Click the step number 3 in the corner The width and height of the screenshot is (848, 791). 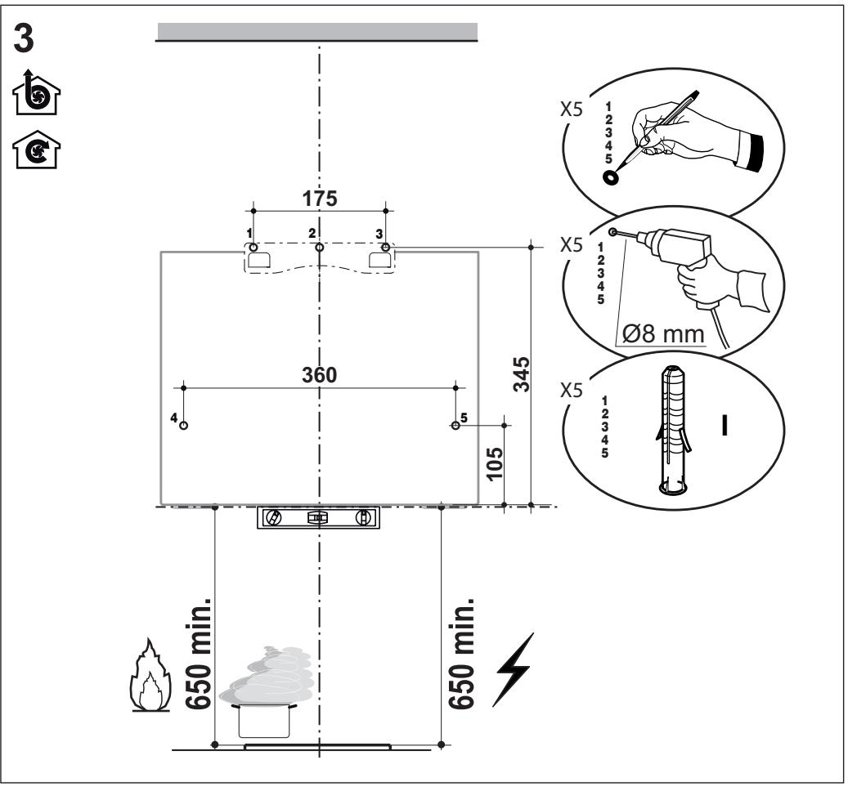[x=23, y=39]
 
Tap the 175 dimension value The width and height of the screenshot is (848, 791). [x=320, y=199]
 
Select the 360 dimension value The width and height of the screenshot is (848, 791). [x=319, y=374]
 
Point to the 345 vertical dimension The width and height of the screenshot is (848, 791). [x=522, y=374]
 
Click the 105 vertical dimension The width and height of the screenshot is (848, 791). [x=494, y=463]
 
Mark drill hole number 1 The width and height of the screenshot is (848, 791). [x=254, y=247]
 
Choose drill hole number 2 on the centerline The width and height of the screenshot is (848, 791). [x=320, y=248]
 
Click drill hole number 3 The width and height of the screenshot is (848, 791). [x=385, y=248]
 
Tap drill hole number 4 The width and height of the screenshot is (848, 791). [x=184, y=425]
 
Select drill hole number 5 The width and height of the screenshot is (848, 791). [x=456, y=425]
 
